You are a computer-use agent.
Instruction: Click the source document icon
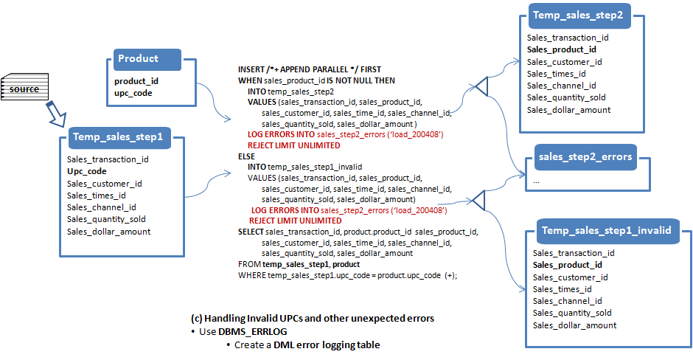point(25,87)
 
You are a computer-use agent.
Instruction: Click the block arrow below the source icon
point(56,114)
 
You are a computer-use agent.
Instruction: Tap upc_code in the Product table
point(133,93)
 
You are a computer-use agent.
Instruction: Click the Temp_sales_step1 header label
point(118,136)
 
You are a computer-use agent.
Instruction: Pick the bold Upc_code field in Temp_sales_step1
point(87,172)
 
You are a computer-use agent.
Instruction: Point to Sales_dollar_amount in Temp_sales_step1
point(108,232)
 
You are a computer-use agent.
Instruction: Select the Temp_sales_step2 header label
point(578,15)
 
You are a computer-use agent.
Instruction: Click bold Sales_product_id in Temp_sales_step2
point(561,49)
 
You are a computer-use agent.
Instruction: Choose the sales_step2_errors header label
point(585,156)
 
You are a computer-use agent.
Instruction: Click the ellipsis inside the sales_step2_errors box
point(536,181)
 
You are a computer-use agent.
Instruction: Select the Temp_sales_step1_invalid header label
point(606,230)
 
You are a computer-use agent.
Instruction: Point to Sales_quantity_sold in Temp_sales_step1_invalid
point(572,313)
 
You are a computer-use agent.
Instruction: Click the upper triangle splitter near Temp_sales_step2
point(481,86)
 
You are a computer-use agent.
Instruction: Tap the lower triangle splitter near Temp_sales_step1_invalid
point(478,201)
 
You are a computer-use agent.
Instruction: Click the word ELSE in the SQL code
point(247,156)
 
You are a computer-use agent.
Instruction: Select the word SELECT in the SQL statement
point(251,232)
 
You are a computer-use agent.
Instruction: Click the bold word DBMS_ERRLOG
point(252,332)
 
